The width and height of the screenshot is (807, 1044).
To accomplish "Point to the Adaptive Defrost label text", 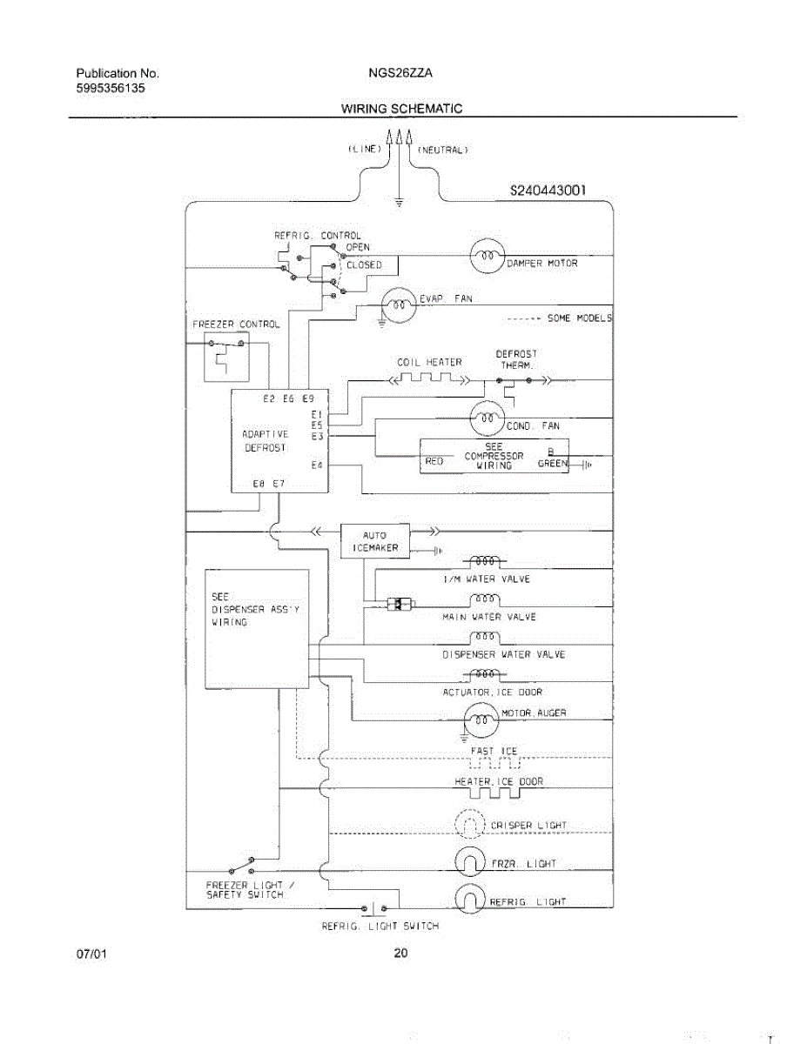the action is click(266, 440).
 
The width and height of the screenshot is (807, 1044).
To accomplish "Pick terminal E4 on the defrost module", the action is click(317, 465).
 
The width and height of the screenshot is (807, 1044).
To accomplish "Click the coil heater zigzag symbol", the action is click(429, 378).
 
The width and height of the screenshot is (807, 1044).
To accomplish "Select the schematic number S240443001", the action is click(548, 191).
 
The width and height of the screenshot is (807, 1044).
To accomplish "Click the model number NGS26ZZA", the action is click(400, 73).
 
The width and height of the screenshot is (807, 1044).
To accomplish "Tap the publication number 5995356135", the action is click(110, 88).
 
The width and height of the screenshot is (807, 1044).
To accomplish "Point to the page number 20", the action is click(400, 954).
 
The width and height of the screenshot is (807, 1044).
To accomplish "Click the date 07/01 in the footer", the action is click(91, 954).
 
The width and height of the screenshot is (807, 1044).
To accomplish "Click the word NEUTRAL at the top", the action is click(442, 150).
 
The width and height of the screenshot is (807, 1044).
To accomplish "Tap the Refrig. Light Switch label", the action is click(380, 927).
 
